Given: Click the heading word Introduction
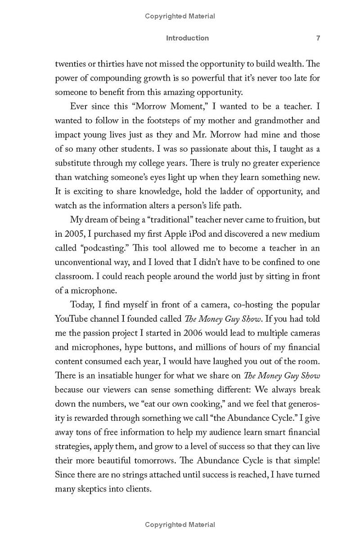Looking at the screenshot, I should [x=187, y=38].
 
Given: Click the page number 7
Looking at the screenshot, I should [x=318, y=38].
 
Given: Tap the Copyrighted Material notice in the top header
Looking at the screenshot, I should [x=180, y=16].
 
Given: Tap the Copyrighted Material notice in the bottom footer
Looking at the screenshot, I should [x=180, y=524].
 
